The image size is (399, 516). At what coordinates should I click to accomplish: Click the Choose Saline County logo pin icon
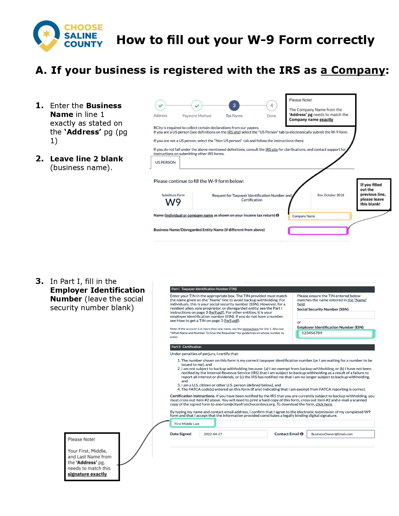[47, 35]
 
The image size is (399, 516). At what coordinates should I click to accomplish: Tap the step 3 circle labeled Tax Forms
[234, 106]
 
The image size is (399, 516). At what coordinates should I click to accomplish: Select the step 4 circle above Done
[271, 106]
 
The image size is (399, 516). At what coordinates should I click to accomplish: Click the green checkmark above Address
[160, 106]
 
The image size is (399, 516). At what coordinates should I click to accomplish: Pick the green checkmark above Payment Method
[197, 106]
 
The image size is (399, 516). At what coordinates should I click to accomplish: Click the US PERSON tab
[165, 163]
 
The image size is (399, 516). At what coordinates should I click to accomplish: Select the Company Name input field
[319, 216]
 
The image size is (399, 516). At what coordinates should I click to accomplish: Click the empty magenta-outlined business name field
[318, 231]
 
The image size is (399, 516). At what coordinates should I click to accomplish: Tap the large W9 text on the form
[173, 202]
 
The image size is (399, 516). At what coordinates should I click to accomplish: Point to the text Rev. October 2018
[330, 195]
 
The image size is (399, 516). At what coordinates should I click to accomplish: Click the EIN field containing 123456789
[335, 333]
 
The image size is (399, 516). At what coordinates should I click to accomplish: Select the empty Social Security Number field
[335, 315]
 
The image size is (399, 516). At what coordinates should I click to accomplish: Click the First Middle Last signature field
[193, 424]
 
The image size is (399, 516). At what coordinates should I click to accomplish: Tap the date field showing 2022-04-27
[233, 434]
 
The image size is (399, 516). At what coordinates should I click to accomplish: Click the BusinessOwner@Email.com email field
[340, 434]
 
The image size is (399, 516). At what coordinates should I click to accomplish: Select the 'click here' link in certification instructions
[324, 404]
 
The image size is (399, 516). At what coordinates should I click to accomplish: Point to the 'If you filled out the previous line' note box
[374, 195]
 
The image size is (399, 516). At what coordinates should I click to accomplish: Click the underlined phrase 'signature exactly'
[87, 474]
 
